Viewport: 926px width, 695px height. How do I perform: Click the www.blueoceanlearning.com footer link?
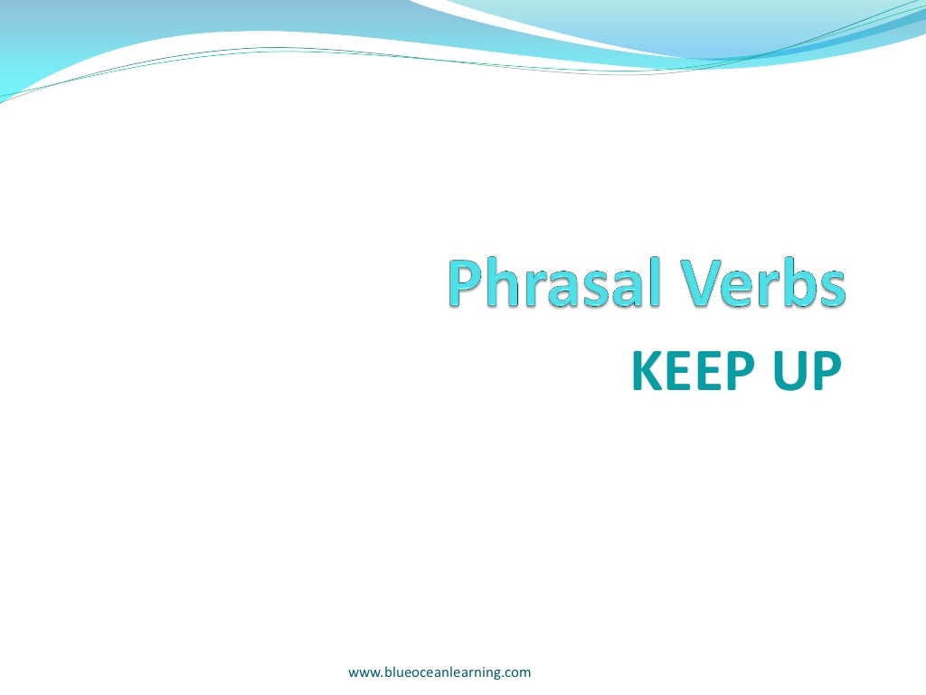click(439, 671)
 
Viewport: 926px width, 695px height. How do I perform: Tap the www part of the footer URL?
click(362, 672)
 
